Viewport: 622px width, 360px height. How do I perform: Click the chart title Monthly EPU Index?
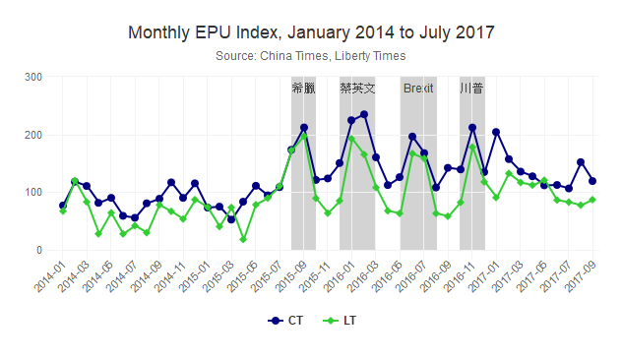pos(311,32)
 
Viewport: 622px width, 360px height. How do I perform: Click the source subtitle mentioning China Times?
pos(311,56)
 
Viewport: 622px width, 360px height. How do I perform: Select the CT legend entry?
pos(284,321)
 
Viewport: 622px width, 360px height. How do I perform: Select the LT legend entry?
pos(341,321)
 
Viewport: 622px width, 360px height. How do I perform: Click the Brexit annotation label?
pos(418,89)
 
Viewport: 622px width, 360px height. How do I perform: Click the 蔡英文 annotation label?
pos(357,89)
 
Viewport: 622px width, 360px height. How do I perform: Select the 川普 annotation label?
pos(471,89)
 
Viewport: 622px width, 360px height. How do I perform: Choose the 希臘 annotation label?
pos(303,89)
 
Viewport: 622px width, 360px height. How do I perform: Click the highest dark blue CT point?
pos(364,114)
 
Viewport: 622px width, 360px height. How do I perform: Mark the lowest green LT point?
pos(243,239)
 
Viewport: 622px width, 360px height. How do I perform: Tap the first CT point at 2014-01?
pos(63,206)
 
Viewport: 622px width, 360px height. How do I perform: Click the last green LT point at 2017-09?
pos(592,200)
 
